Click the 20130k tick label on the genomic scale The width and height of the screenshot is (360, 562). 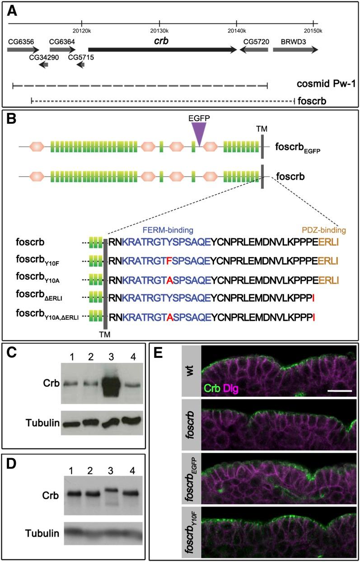tap(159, 30)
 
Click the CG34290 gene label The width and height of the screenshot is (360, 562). tap(44, 58)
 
